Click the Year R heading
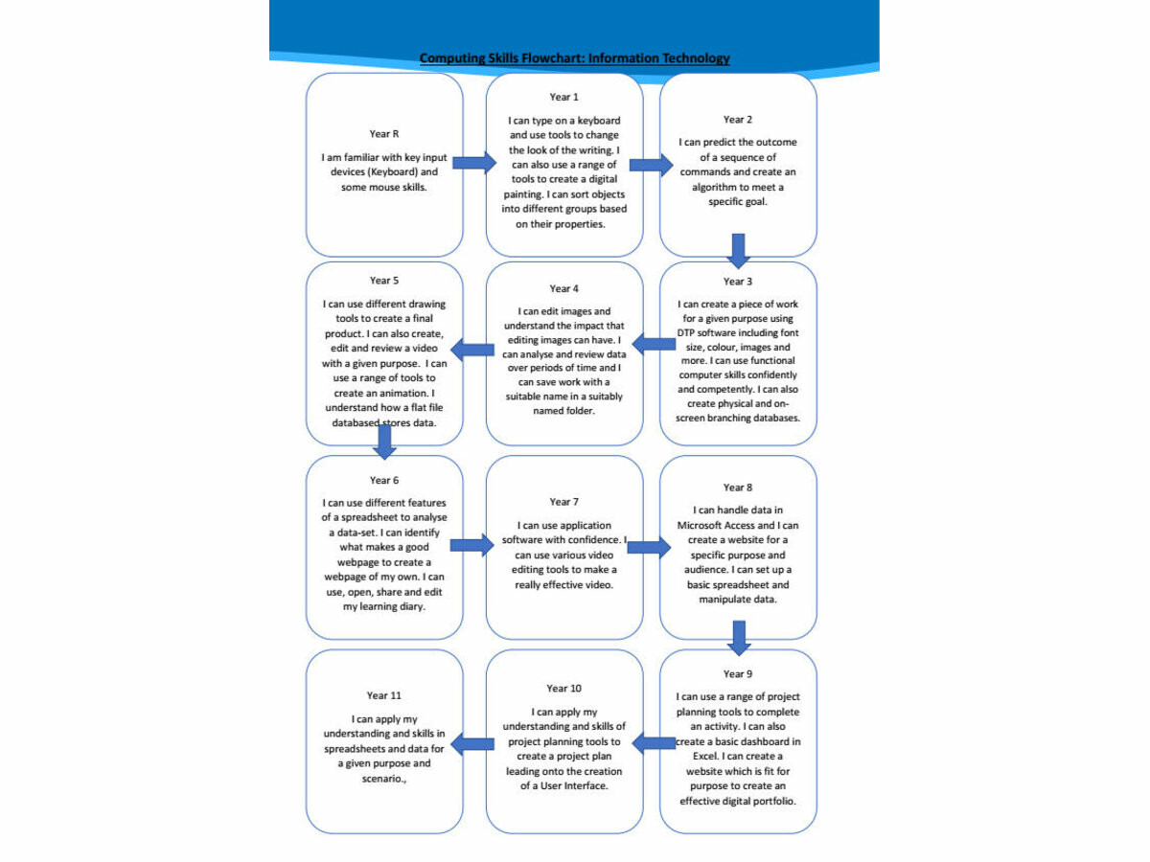[x=384, y=134]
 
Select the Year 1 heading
[x=563, y=97]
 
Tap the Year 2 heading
[x=738, y=120]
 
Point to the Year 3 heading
[x=738, y=282]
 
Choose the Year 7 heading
[x=563, y=502]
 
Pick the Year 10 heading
[x=563, y=689]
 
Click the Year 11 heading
[x=384, y=695]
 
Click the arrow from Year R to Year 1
[x=474, y=163]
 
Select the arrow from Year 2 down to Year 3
[x=738, y=251]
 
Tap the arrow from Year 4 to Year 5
[x=472, y=350]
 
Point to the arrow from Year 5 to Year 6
[x=384, y=442]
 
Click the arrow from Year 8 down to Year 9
[x=739, y=639]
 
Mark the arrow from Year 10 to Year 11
[x=472, y=744]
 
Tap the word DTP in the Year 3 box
[x=685, y=333]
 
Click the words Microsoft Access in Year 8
[x=716, y=525]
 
